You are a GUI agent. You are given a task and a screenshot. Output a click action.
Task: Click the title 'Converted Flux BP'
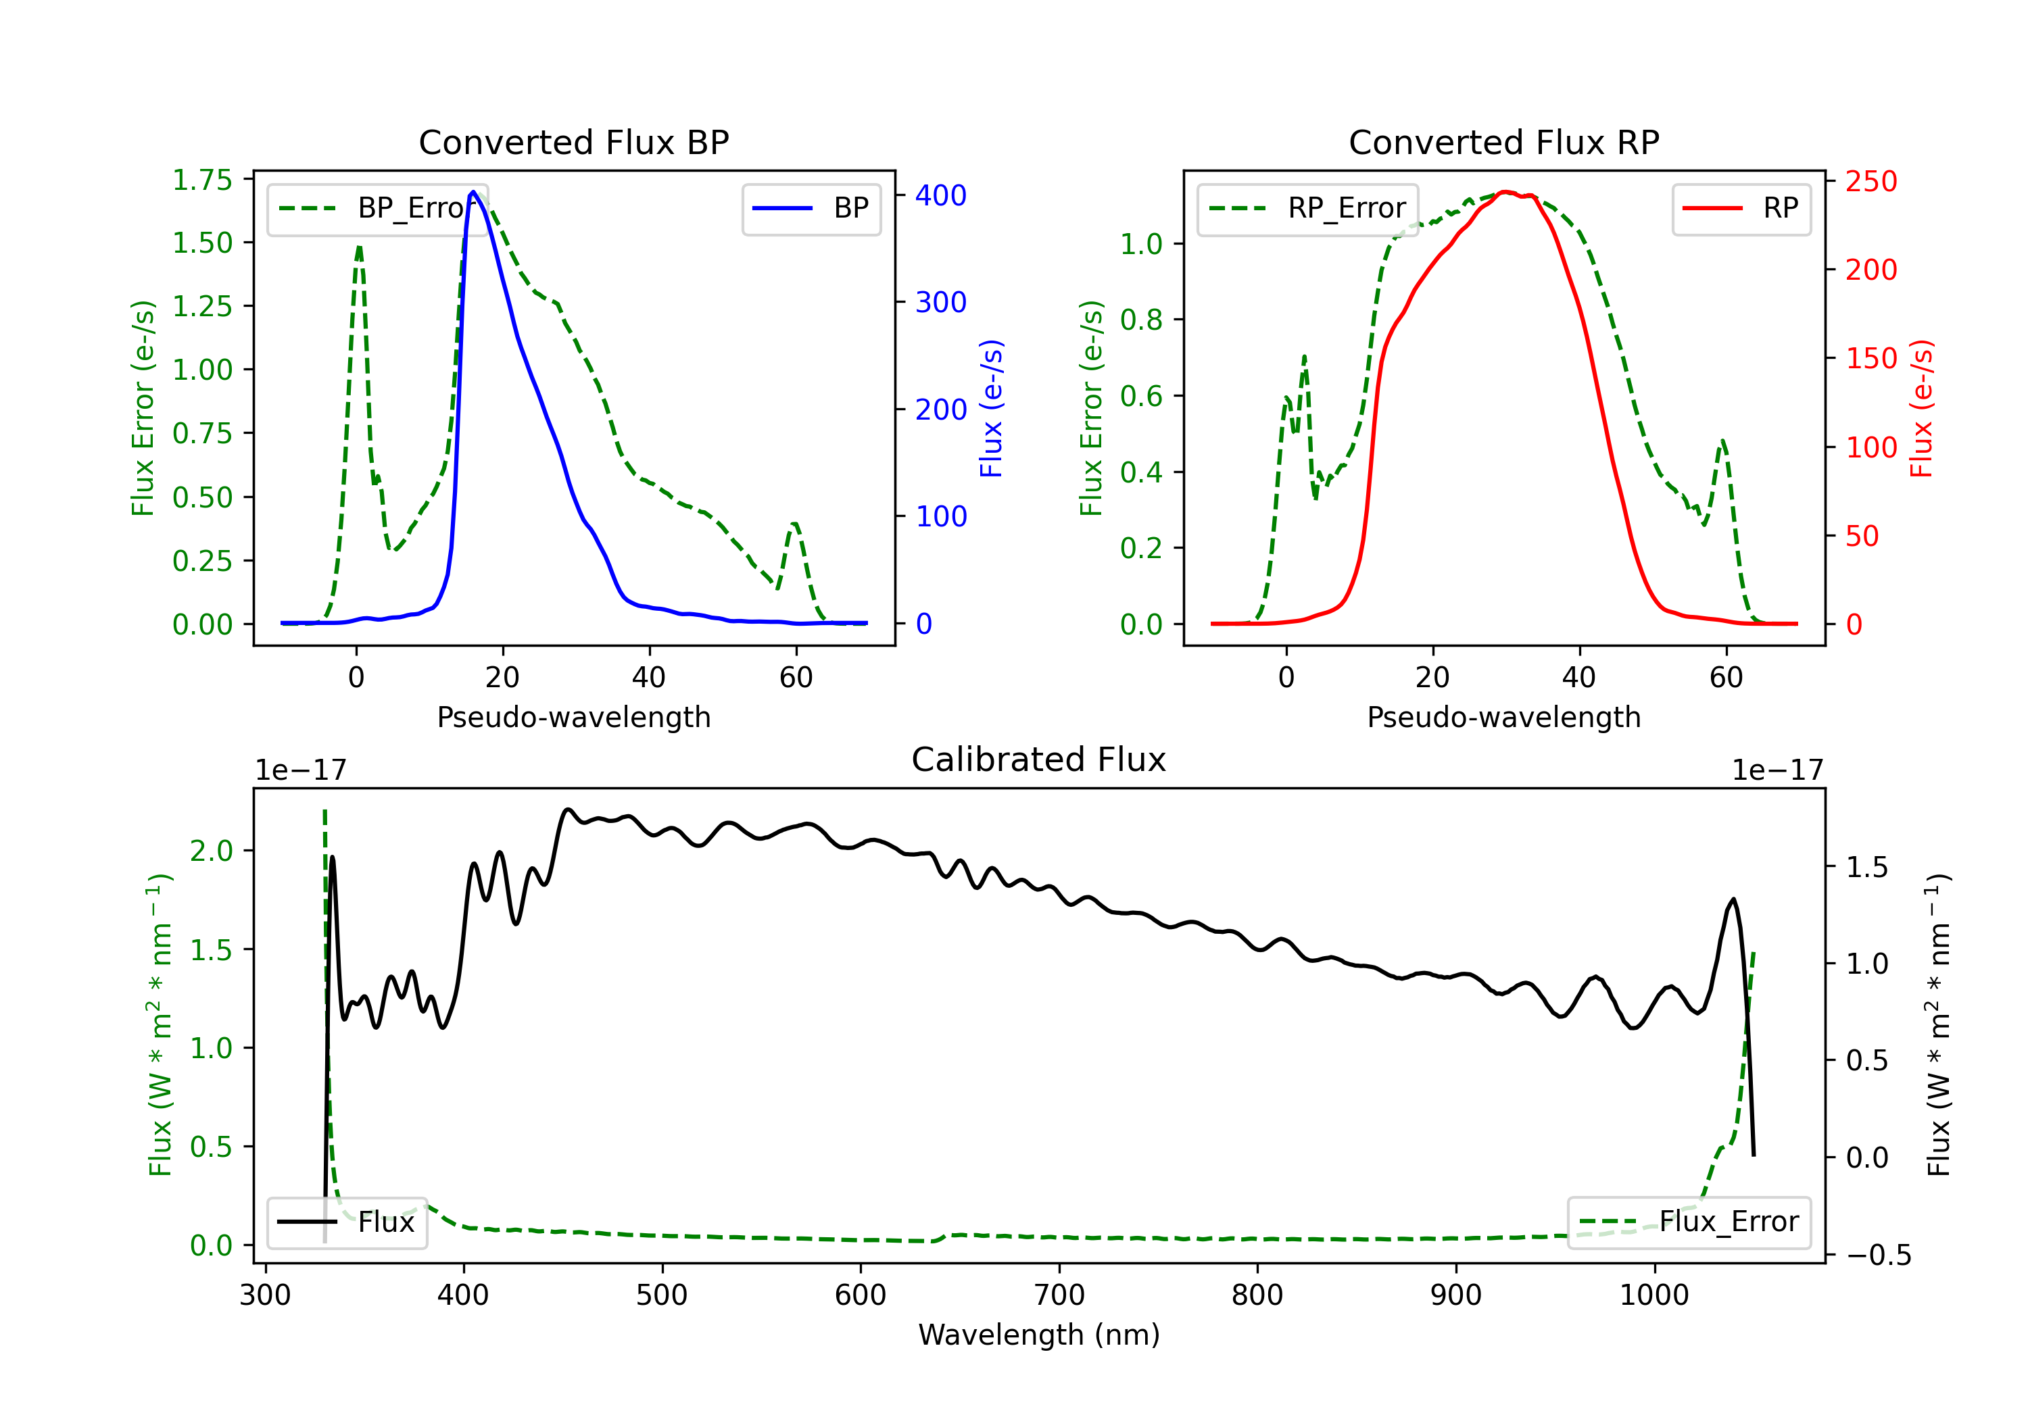point(574,142)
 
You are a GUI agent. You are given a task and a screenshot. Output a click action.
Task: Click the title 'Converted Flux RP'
point(1504,142)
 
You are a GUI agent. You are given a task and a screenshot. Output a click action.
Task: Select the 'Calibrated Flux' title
point(1039,760)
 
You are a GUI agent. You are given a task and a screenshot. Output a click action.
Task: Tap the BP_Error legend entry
point(377,208)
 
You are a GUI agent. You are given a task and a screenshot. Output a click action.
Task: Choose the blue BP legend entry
point(811,208)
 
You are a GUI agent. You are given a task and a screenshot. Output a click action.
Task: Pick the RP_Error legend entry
point(1307,208)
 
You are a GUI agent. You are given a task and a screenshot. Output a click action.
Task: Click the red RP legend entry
point(1741,208)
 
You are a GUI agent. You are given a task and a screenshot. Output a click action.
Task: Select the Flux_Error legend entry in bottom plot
point(1689,1222)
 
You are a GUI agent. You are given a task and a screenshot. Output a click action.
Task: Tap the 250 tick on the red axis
point(1870,181)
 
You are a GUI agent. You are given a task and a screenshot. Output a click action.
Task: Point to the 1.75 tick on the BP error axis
point(202,180)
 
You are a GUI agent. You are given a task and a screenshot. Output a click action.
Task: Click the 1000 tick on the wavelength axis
point(1654,1295)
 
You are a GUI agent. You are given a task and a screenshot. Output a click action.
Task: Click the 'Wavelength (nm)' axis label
point(1039,1335)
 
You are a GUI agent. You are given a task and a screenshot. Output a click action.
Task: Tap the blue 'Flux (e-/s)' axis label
point(991,409)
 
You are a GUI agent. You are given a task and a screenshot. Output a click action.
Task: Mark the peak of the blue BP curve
point(473,192)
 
